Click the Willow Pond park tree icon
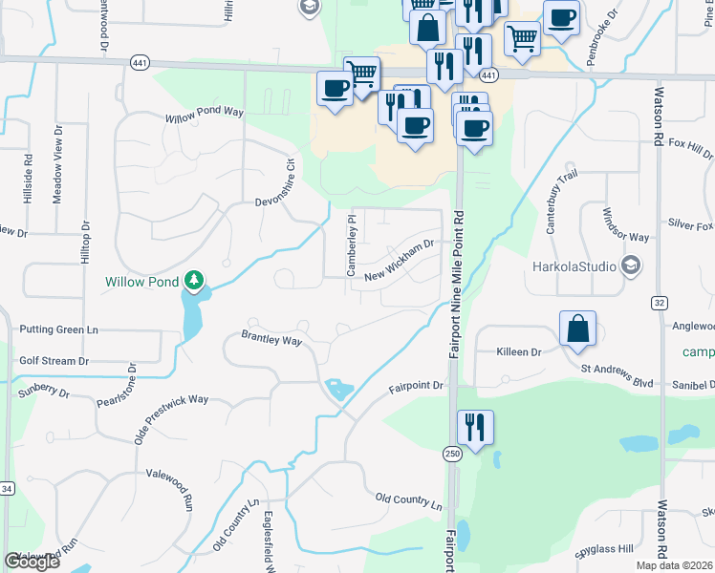[195, 280]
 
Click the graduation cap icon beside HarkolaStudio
[630, 265]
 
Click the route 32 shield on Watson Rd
[660, 302]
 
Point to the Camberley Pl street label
[351, 246]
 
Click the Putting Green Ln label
[58, 329]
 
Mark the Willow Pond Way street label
[205, 113]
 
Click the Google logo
[32, 561]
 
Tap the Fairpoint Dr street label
[417, 387]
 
